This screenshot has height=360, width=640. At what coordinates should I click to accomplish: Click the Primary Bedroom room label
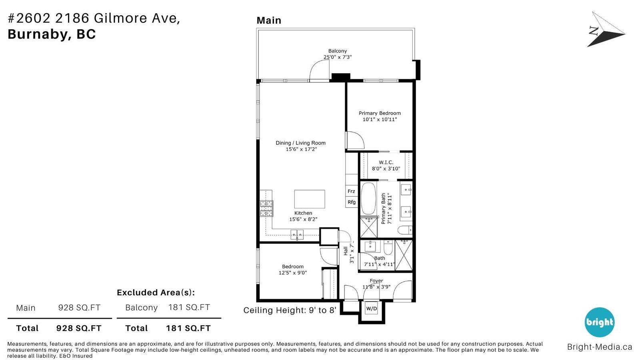pos(380,113)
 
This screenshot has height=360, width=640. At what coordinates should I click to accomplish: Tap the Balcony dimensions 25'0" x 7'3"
pos(338,57)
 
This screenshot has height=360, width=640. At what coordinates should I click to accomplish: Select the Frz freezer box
pos(352,191)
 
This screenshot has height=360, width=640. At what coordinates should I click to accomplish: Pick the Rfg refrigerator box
pos(352,202)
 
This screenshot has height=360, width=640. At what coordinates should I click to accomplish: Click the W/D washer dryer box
pos(372,308)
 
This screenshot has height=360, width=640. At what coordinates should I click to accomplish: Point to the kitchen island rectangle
pos(310,199)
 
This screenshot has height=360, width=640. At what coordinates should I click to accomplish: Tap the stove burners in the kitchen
pos(266,208)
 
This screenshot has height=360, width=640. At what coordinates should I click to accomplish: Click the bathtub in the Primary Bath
pos(368,198)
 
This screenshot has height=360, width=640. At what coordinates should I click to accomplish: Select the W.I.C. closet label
pos(386,162)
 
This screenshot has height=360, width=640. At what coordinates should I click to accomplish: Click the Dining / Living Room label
pos(300,143)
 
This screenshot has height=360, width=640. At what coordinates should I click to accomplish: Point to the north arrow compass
pos(606,30)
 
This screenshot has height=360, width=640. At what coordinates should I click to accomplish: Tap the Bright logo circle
pos(600,322)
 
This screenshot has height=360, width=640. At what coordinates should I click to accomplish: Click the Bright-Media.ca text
pos(600,347)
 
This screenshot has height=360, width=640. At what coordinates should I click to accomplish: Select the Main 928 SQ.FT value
pos(80,308)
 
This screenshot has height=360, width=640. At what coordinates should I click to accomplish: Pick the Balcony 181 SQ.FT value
pos(189,307)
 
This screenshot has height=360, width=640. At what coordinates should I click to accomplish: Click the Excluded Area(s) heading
pos(156,292)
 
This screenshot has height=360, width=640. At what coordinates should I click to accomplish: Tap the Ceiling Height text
pos(290,310)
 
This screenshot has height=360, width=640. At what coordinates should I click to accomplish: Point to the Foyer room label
pos(376,281)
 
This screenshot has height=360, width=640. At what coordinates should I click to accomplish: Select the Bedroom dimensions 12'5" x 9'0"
pos(293,273)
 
